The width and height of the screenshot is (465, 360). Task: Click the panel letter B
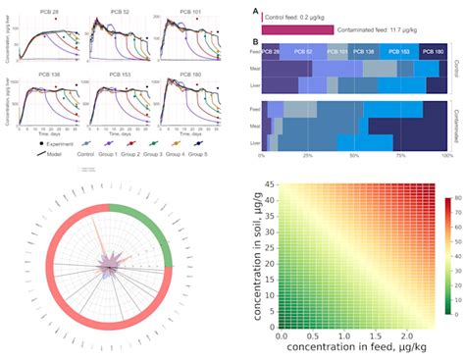(x=255, y=42)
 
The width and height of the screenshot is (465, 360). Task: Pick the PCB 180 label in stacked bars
(x=432, y=50)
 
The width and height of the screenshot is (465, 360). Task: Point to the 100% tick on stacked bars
(x=447, y=155)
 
